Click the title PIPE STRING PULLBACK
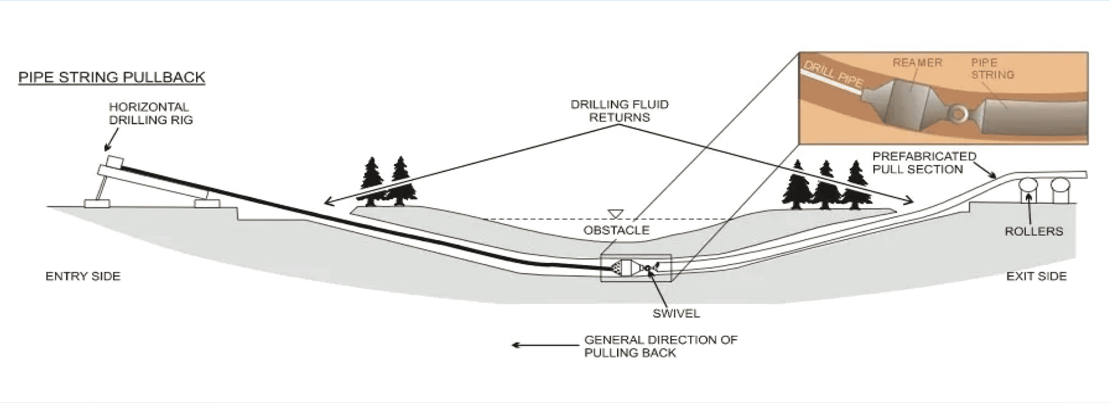[112, 77]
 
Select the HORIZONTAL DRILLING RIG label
[150, 113]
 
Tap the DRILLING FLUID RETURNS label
[620, 111]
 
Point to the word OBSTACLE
[616, 230]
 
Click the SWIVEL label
[676, 313]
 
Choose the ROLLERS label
[1034, 231]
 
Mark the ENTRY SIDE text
[83, 276]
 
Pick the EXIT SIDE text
[1036, 276]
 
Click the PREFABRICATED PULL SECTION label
[924, 163]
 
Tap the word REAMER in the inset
[917, 63]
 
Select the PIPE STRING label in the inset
[992, 69]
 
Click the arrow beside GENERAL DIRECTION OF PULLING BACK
[545, 345]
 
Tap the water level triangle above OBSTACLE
[615, 213]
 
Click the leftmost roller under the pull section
[1028, 185]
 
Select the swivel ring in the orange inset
[958, 113]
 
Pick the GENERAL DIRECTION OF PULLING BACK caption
[660, 346]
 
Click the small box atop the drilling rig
[114, 162]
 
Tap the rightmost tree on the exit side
[856, 187]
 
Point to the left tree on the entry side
[372, 179]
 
